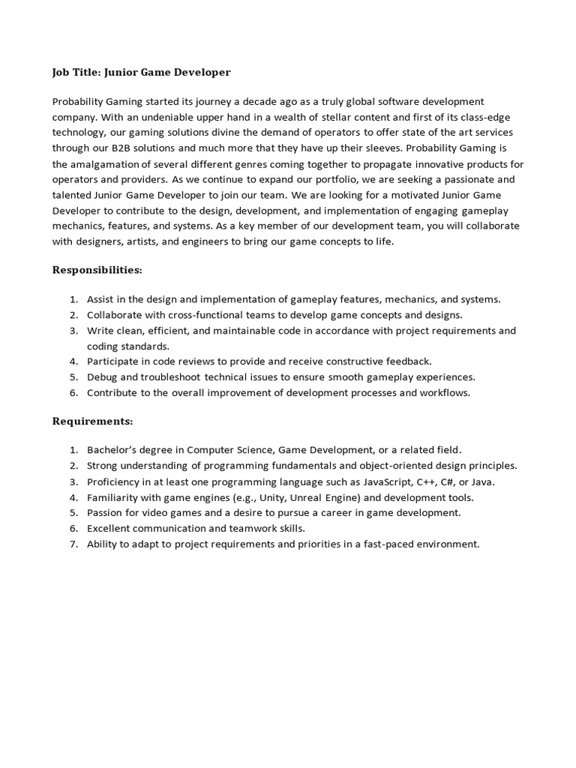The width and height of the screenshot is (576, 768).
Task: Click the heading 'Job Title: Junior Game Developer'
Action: (x=141, y=73)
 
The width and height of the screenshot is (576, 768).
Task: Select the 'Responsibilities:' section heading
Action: (x=97, y=269)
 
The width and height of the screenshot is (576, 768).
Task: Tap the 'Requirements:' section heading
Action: (x=92, y=421)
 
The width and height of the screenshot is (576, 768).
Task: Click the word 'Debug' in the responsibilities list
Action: (x=102, y=376)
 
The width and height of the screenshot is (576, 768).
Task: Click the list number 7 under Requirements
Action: (x=73, y=544)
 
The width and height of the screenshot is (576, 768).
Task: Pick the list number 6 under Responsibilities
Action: (x=73, y=392)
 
